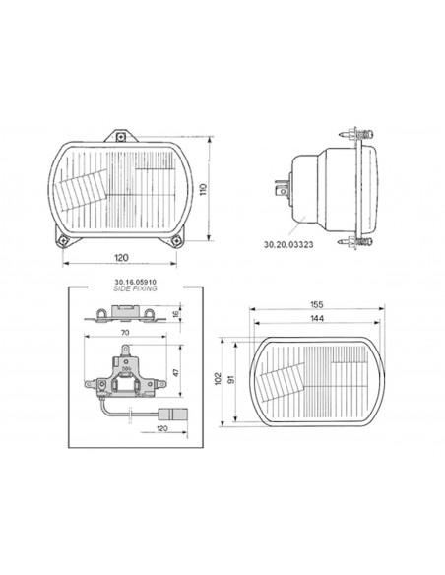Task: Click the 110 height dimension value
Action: [x=204, y=190]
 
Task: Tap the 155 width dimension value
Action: [x=317, y=304]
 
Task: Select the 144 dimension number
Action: [x=317, y=318]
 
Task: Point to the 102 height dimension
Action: [x=219, y=378]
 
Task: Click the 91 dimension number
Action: [x=231, y=379]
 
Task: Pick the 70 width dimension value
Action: [x=125, y=333]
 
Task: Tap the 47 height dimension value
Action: [x=176, y=372]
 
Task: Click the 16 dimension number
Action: [x=176, y=314]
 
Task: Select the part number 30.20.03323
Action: [x=288, y=244]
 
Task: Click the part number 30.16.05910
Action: [x=135, y=282]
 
